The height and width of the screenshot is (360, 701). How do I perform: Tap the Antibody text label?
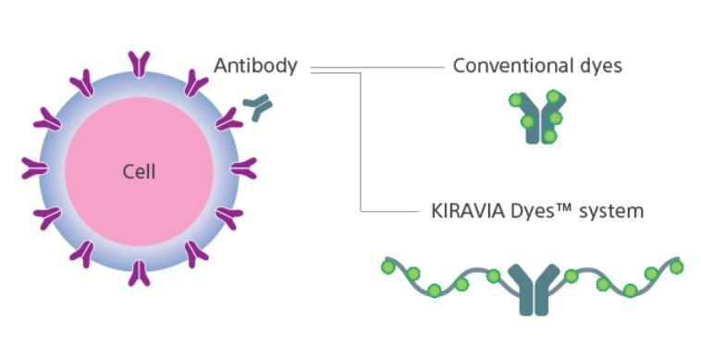255,67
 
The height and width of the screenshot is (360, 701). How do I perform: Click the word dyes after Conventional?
596,67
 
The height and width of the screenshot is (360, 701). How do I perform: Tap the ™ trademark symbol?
564,209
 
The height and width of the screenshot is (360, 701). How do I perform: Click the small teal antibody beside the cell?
257,109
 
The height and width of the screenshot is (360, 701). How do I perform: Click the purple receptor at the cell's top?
140,63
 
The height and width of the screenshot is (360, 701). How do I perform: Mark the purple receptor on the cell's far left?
34,168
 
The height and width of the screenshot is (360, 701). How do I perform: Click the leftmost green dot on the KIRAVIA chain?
388,267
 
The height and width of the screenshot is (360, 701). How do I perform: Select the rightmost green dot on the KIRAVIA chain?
676,267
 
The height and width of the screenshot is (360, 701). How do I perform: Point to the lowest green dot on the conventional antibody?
549,137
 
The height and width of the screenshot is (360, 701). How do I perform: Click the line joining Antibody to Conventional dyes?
388,67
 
